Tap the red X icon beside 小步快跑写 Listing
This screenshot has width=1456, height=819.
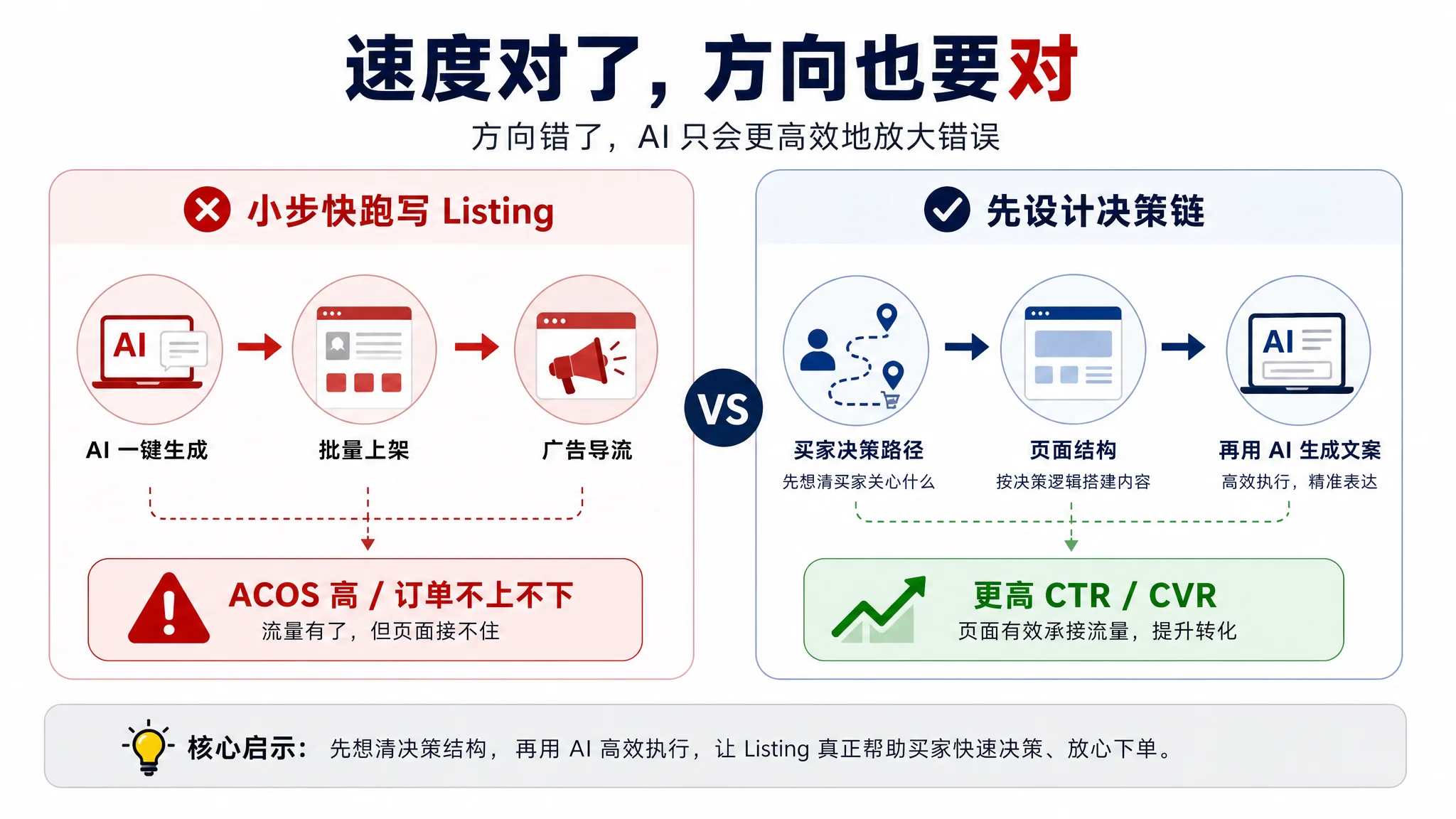click(207, 210)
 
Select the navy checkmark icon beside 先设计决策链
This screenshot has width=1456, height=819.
click(947, 210)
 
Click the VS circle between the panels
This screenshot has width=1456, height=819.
click(724, 408)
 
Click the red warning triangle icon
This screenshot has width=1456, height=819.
click(169, 609)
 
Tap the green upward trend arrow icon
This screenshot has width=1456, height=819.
click(879, 608)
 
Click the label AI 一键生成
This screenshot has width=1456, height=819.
click(146, 450)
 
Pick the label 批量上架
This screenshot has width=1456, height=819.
click(364, 450)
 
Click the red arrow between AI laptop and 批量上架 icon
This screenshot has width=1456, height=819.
click(259, 347)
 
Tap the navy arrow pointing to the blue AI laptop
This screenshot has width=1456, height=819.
click(1183, 347)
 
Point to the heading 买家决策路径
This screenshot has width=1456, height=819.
click(859, 450)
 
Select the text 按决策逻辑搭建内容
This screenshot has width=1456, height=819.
click(1074, 482)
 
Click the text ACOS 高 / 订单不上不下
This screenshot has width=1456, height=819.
click(401, 596)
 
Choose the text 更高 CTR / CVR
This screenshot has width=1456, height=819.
click(1095, 596)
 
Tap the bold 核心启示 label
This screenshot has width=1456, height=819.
click(246, 749)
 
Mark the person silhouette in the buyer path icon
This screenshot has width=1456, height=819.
click(818, 350)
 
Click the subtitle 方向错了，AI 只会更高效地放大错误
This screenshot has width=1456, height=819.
click(736, 136)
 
